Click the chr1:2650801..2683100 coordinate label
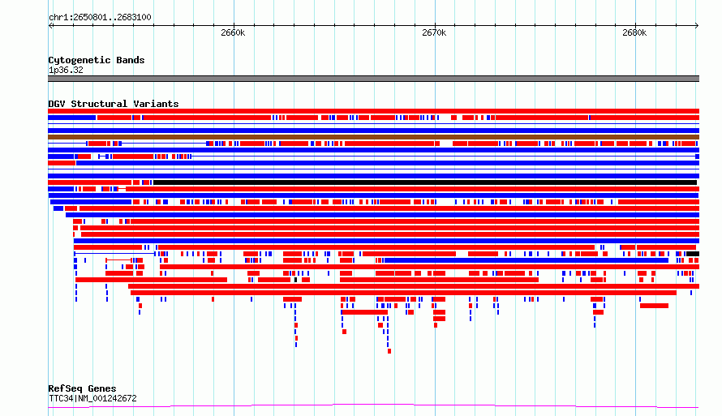click(100, 18)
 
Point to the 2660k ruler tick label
click(233, 32)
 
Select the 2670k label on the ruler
click(434, 32)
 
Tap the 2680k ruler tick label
click(634, 32)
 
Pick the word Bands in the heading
click(131, 60)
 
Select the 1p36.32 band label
click(66, 71)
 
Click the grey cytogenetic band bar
click(373, 79)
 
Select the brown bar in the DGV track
click(373, 137)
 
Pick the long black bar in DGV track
click(425, 182)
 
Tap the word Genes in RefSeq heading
click(101, 389)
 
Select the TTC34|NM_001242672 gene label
click(93, 398)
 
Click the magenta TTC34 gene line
click(373, 405)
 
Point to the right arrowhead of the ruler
click(698, 26)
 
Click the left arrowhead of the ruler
click(50, 26)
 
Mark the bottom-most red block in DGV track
click(389, 352)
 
